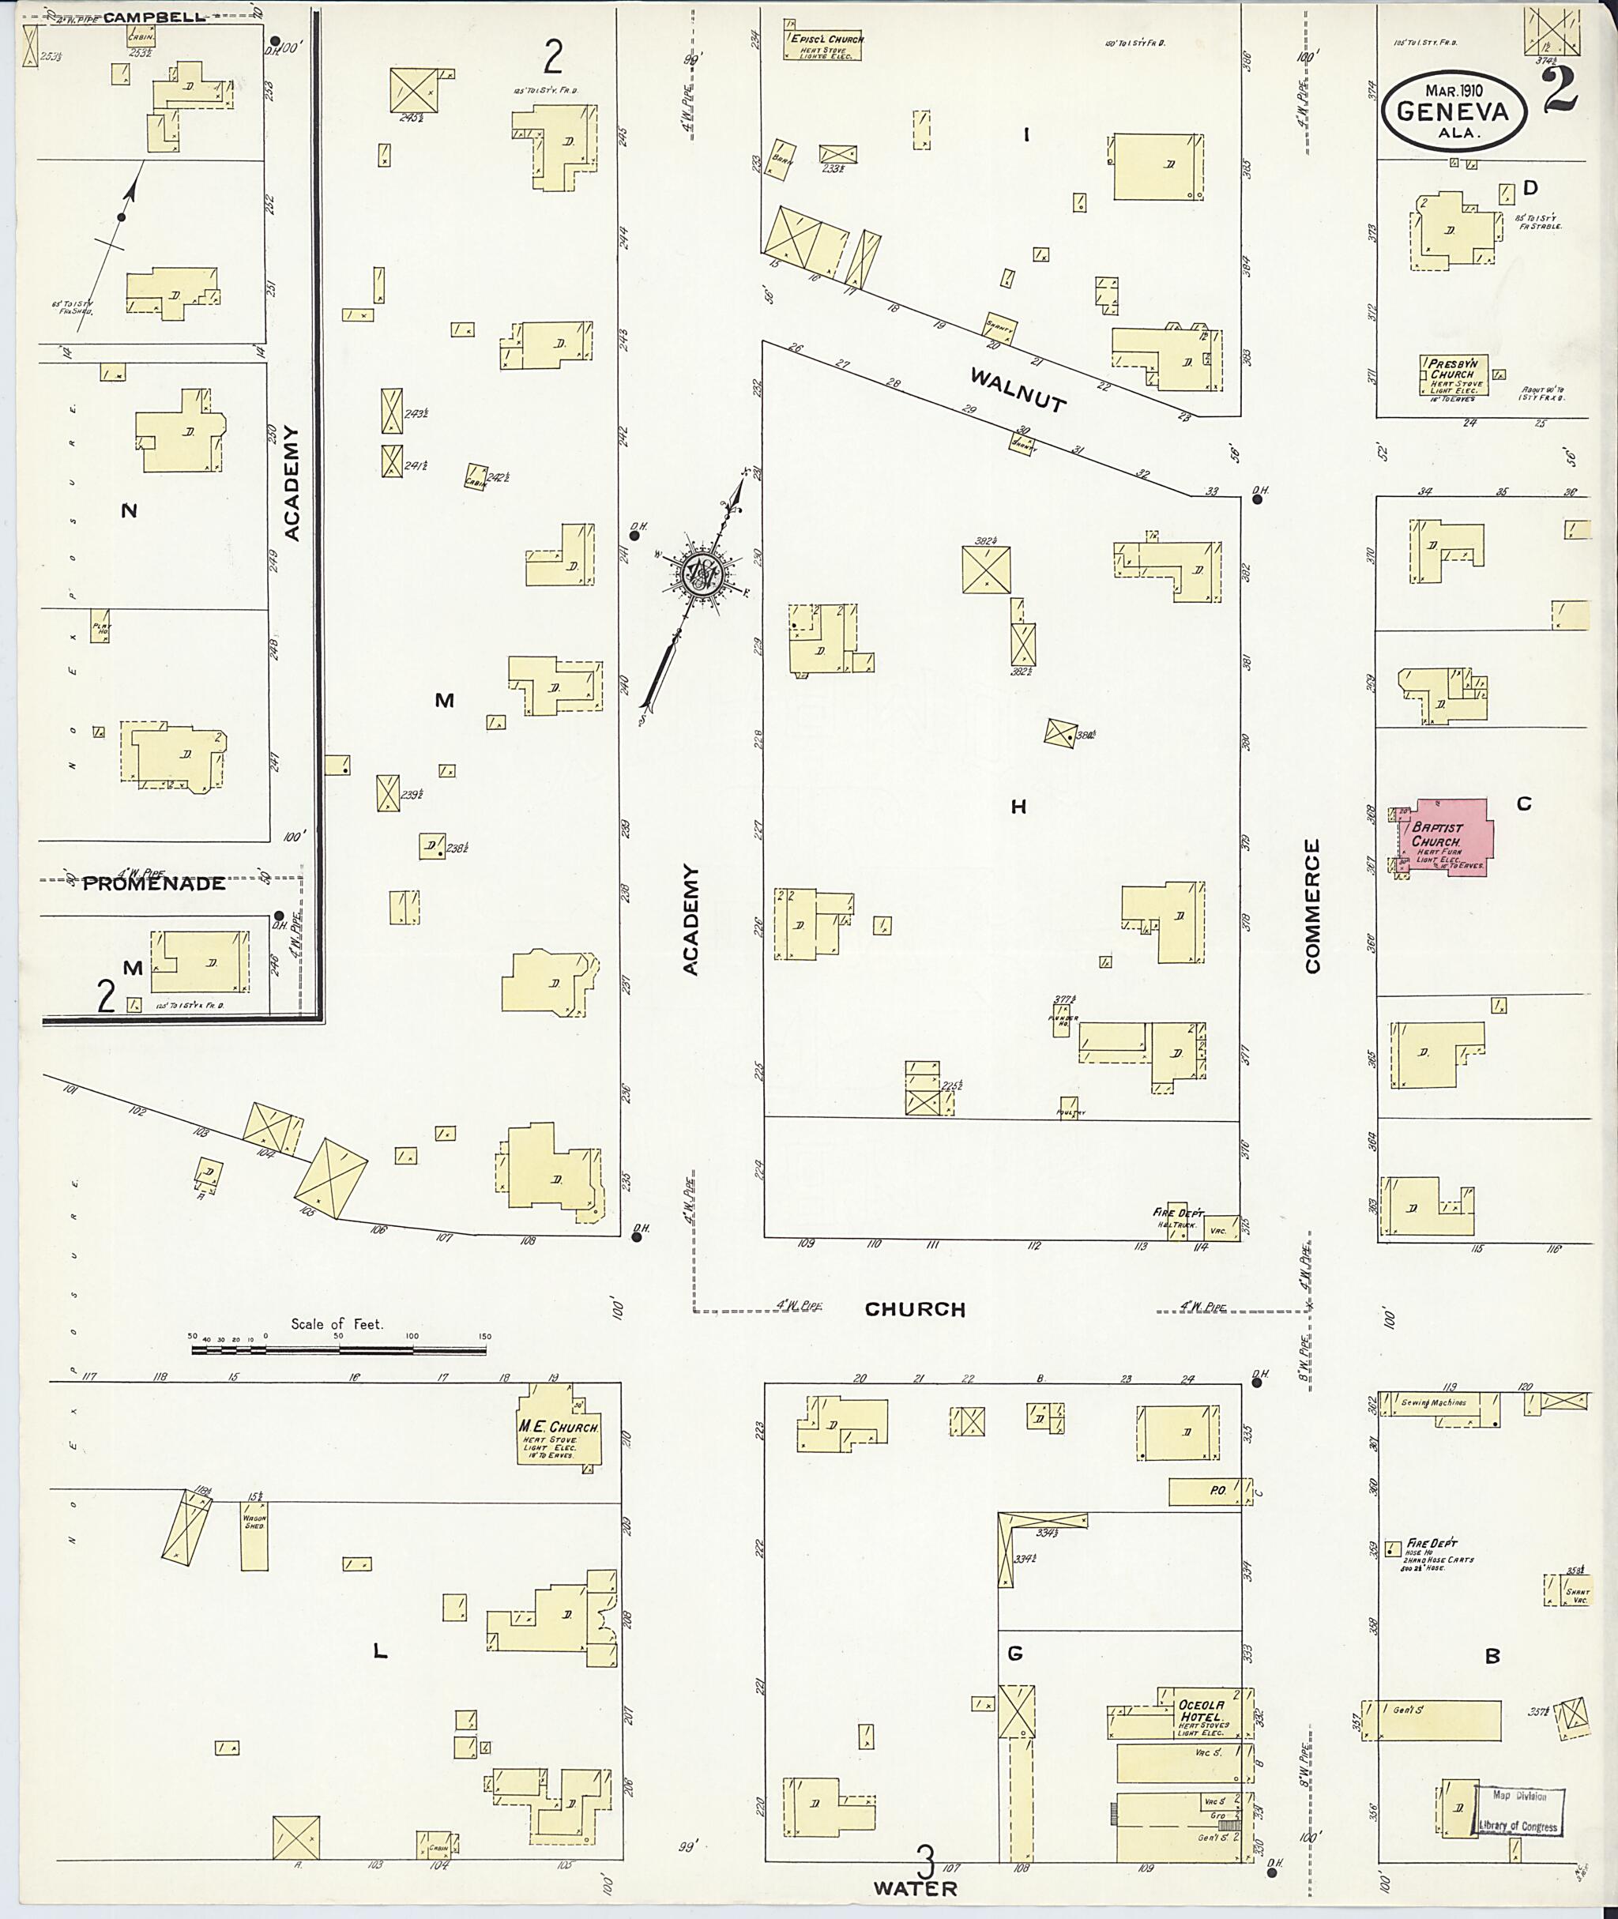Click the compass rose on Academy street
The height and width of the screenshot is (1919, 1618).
pos(703,574)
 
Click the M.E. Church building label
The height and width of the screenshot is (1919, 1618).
pos(559,1428)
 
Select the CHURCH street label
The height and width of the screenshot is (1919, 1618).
pos(915,1310)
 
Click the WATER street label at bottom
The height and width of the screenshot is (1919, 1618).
pos(915,1889)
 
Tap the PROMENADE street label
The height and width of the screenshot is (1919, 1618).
pos(154,884)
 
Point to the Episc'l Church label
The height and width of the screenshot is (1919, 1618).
pos(826,40)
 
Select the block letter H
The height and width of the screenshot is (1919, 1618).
pos(1018,807)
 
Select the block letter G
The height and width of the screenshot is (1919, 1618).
pos(1014,1654)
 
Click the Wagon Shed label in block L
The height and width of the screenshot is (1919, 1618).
pos(254,1521)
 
